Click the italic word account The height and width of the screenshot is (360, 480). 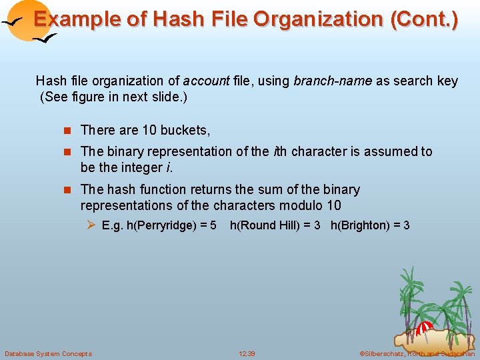[x=206, y=81]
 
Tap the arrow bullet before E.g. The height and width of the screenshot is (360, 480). [x=92, y=225]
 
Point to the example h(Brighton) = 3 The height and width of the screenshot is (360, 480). [x=370, y=225]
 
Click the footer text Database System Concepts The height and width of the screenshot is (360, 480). [x=48, y=353]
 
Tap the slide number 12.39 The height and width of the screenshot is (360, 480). [x=247, y=353]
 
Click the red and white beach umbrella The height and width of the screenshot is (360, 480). [x=424, y=328]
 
